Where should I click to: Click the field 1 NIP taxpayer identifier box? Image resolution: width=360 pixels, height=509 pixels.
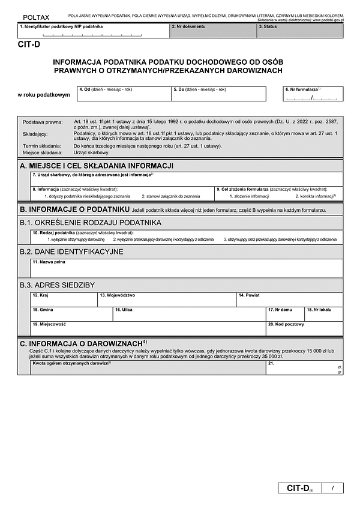93,31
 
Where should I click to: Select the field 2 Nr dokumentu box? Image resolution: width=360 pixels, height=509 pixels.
213,31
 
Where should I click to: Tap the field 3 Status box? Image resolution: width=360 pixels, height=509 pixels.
300,31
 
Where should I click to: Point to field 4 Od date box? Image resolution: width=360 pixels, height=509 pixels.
124,94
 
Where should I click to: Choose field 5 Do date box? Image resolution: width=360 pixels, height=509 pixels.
218,94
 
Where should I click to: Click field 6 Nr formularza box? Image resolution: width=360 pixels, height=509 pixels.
313,94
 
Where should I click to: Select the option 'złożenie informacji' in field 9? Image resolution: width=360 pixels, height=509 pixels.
249,196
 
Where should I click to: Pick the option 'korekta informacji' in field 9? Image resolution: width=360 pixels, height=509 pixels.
315,196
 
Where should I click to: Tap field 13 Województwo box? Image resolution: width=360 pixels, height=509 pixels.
167,299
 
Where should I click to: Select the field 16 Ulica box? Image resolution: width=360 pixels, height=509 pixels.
189,314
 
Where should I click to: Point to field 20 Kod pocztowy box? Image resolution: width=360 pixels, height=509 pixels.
305,328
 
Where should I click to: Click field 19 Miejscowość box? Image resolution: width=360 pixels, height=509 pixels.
148,328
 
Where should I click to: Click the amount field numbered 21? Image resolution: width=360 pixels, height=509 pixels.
305,368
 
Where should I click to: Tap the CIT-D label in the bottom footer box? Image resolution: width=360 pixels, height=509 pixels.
298,489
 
